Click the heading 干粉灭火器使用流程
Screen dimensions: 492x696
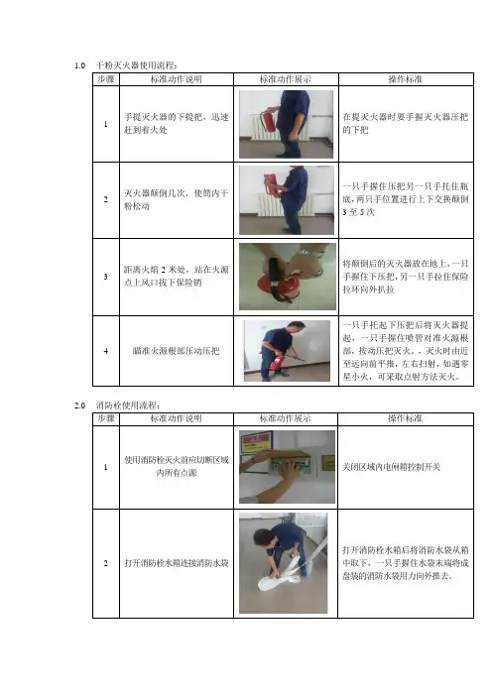(x=136, y=65)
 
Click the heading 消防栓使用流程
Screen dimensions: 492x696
(x=127, y=406)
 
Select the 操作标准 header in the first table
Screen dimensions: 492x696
(x=406, y=79)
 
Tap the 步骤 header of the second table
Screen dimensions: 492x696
(x=106, y=418)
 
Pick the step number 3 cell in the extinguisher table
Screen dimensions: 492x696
(x=106, y=277)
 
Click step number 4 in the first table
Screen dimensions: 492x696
(x=106, y=351)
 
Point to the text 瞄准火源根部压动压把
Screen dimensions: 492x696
(x=177, y=351)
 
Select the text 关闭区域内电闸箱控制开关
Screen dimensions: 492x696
(x=391, y=467)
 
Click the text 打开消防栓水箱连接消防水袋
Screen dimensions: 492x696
(x=177, y=563)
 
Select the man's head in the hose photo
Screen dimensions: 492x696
(x=262, y=538)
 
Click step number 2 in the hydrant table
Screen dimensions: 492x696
(x=106, y=563)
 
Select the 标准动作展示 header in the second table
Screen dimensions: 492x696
(x=286, y=418)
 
